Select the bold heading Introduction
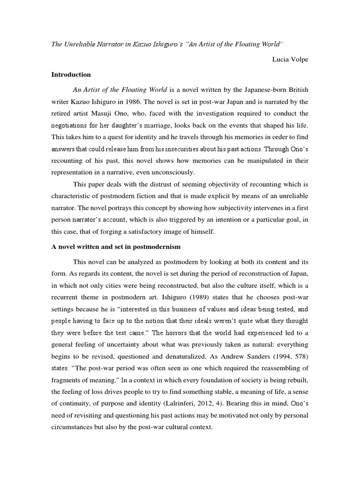71,75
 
